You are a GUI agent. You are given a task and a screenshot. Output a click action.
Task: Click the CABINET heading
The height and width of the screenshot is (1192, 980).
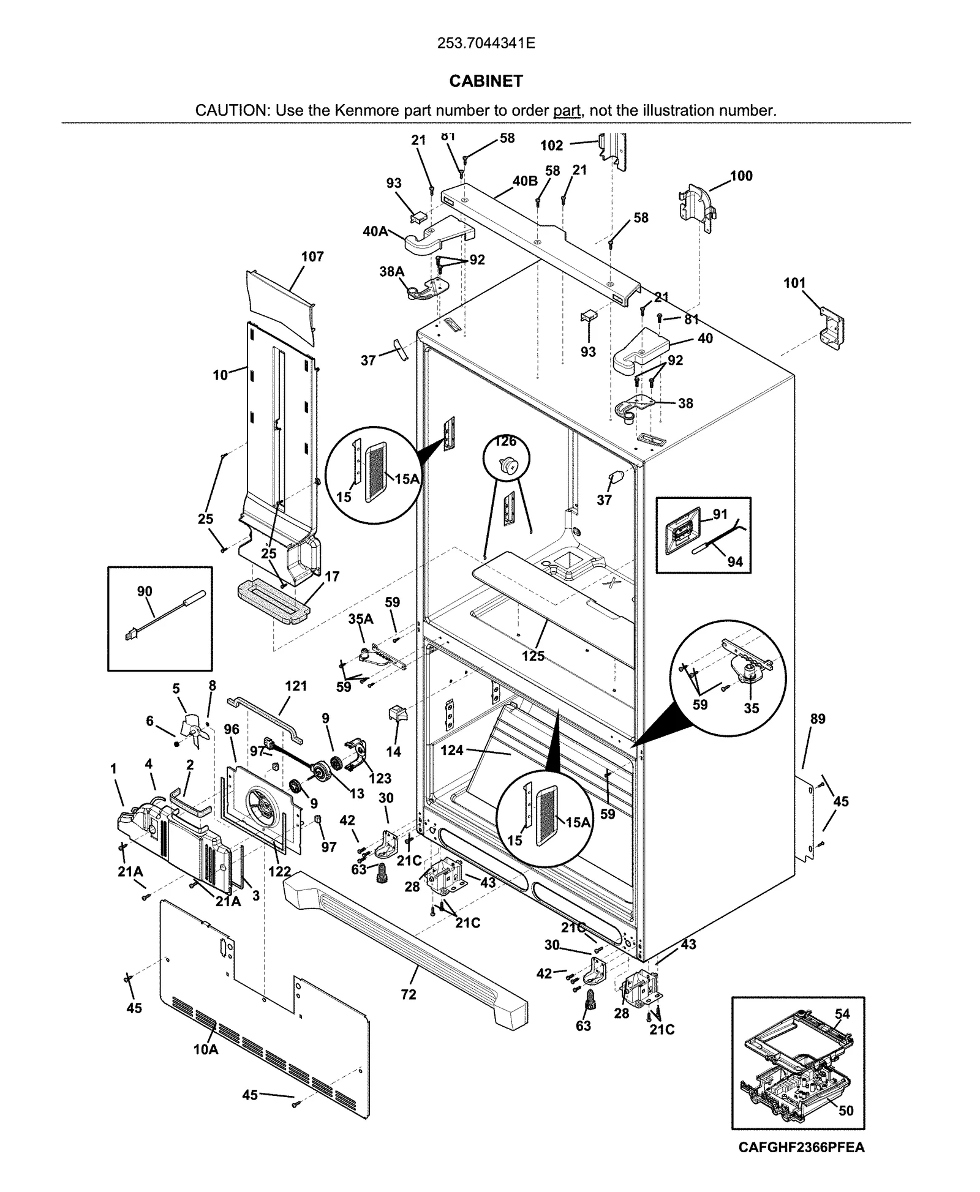coord(486,81)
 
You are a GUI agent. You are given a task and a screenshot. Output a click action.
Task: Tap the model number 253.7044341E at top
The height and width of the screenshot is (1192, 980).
coord(486,43)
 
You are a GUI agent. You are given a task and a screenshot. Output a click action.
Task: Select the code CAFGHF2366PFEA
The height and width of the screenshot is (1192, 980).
coord(801,1147)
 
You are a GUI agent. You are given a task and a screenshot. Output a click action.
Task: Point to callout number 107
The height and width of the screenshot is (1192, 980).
coord(312,257)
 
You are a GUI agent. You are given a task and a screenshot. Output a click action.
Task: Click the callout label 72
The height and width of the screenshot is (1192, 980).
coord(409,995)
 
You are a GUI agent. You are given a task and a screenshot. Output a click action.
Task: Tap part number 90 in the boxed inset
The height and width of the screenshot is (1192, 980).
coord(145,591)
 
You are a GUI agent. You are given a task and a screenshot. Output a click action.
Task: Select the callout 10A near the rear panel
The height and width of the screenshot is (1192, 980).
coord(206,1050)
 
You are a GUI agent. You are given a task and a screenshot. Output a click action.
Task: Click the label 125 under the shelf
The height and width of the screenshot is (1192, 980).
coord(533,656)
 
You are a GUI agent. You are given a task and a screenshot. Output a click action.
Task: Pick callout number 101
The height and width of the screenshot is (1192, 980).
coord(794,283)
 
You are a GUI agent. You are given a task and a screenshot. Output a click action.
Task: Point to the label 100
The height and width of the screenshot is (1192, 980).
coord(741,176)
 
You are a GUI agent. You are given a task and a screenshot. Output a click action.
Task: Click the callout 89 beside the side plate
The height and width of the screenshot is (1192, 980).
coord(818,719)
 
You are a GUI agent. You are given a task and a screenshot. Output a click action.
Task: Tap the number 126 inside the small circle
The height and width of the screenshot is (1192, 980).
coord(506,442)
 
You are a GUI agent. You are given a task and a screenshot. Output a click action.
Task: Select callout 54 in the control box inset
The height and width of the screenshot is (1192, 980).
coord(842,1014)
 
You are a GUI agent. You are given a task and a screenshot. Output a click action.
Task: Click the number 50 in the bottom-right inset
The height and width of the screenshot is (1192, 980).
coord(845,1111)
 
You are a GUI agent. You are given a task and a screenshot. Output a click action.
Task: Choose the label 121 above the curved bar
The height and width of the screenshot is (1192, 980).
coord(296,686)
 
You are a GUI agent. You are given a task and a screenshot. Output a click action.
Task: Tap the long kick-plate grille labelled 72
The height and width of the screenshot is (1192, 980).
coord(404,943)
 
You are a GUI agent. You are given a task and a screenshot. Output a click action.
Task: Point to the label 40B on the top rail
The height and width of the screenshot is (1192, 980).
coord(525,181)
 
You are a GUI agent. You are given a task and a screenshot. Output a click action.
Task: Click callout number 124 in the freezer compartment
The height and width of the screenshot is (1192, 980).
coord(452,750)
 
